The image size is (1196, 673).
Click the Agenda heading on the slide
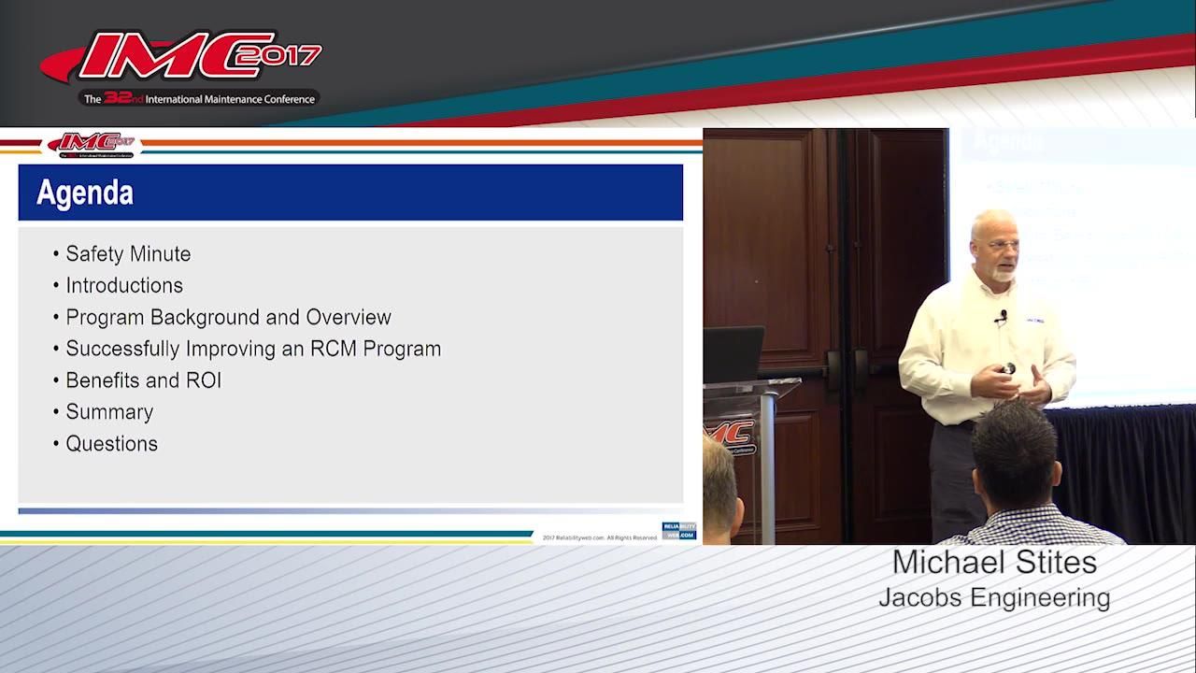[x=85, y=193]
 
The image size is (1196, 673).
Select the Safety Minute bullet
[x=128, y=254]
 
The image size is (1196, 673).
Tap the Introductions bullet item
[x=124, y=286]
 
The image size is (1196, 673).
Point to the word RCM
[x=335, y=350]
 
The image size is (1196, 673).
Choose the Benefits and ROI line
[x=143, y=381]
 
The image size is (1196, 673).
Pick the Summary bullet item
[x=109, y=412]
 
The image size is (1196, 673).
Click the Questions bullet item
[x=111, y=444]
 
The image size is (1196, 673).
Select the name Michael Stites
[x=994, y=563]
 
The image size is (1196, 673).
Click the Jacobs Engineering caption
[x=994, y=597]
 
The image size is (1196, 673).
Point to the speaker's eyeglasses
[x=996, y=245]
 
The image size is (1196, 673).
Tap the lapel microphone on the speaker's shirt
[x=1003, y=317]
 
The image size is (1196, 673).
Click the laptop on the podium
[x=733, y=353]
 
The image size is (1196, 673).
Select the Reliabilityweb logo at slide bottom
[x=678, y=531]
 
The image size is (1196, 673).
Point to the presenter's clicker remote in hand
[x=1008, y=369]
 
